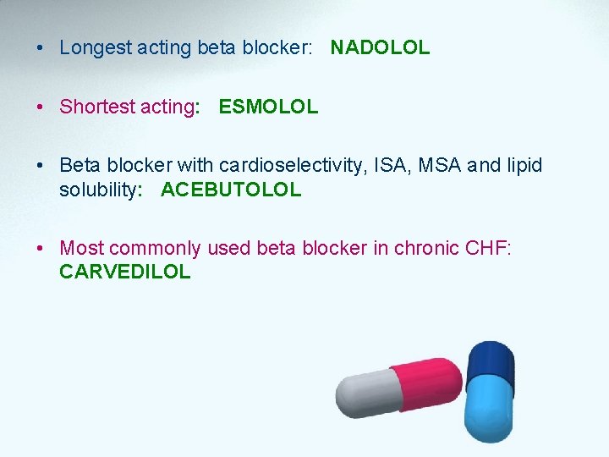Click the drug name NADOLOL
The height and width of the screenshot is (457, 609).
(x=380, y=48)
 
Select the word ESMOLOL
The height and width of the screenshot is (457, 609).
(x=268, y=107)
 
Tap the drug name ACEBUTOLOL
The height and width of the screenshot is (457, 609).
(x=230, y=190)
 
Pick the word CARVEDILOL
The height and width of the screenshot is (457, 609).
(x=125, y=273)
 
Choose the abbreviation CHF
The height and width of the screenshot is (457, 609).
(x=488, y=249)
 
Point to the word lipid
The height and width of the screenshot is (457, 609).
(x=524, y=166)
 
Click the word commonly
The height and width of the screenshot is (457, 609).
(x=155, y=249)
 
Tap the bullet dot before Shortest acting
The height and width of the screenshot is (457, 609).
(x=40, y=107)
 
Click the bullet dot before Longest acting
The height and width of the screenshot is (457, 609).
(x=40, y=48)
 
